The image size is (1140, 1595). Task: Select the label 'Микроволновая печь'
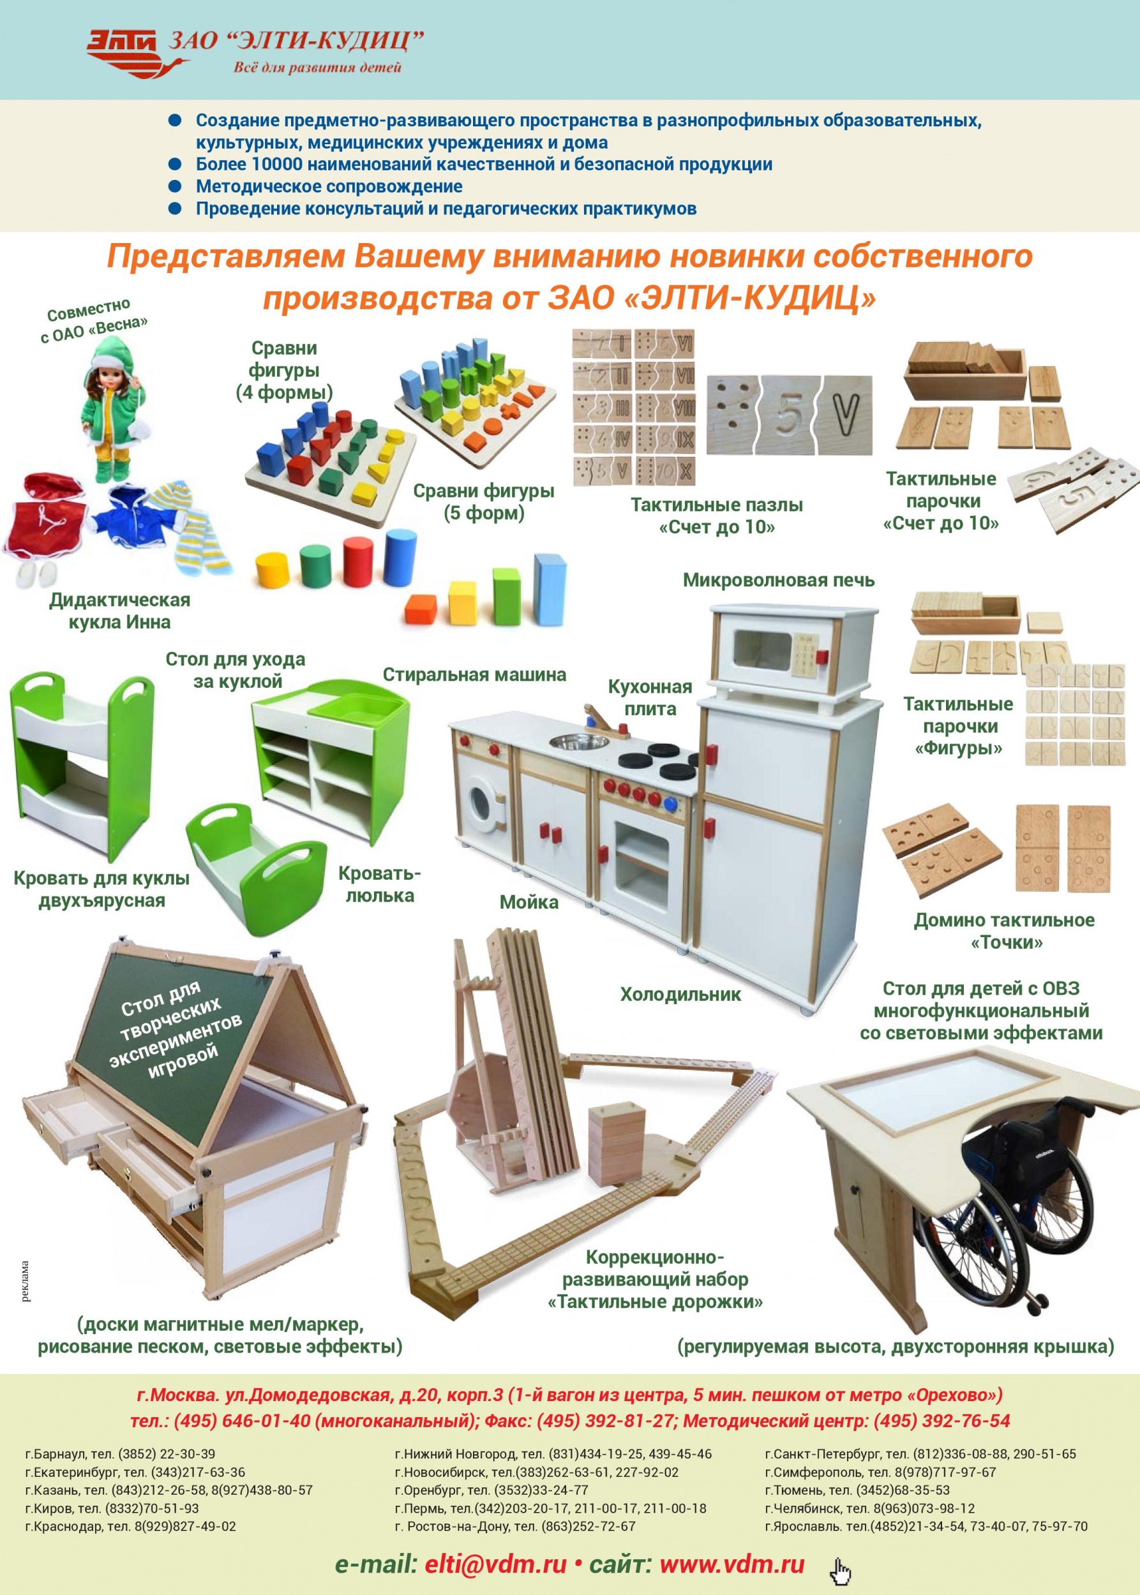pyautogui.click(x=779, y=581)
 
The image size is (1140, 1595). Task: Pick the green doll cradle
pyautogui.click(x=255, y=869)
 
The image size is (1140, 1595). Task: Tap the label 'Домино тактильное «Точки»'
pyautogui.click(x=1005, y=931)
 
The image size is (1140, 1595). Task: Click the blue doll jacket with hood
pyautogui.click(x=139, y=520)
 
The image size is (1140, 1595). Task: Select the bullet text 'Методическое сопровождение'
pyautogui.click(x=329, y=187)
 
